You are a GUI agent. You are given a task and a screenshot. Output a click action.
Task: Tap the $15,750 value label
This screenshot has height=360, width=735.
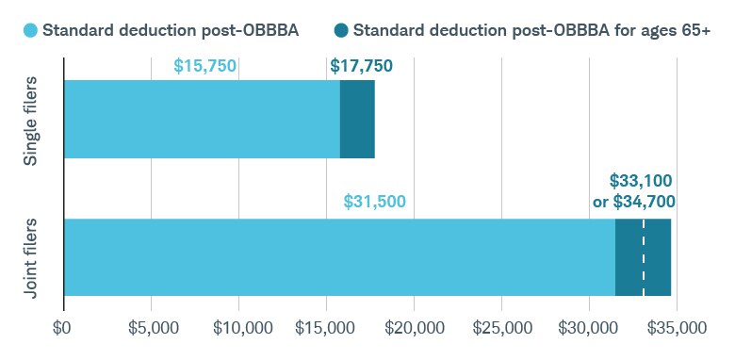pos(205,67)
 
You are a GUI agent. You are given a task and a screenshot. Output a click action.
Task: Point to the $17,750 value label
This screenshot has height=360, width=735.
pos(362,67)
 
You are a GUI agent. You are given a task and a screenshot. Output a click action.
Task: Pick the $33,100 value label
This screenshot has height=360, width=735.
pos(641,180)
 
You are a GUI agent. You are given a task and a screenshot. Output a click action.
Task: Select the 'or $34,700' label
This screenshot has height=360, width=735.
pos(633,201)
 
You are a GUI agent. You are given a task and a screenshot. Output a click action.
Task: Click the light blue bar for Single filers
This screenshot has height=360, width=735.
pos(202,119)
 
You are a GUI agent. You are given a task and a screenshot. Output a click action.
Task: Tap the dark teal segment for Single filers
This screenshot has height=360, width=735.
pos(357,119)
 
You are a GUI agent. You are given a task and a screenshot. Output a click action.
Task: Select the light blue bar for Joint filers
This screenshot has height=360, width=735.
pos(339,257)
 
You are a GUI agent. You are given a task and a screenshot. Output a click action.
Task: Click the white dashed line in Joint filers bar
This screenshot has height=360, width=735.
pos(644,257)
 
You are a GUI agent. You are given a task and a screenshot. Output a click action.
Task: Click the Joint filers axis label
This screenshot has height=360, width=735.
pos(31,257)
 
